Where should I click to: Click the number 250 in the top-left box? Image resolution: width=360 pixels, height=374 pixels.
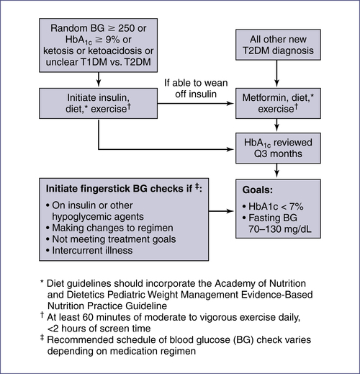(126, 28)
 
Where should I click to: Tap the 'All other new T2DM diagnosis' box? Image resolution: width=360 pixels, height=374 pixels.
(278, 45)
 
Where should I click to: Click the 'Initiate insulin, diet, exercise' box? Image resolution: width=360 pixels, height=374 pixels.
(99, 103)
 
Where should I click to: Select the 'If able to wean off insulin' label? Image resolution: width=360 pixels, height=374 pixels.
(196, 89)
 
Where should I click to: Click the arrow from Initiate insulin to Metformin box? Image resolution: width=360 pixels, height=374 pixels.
(196, 104)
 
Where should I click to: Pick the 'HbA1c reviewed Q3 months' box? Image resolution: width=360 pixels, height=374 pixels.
(278, 148)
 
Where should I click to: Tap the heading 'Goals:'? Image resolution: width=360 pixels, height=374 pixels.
(258, 190)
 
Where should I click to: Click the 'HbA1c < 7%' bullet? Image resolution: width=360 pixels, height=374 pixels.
(273, 207)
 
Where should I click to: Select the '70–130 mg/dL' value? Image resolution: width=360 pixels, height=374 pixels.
(280, 229)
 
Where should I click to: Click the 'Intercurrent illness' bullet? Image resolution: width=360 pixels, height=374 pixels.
(89, 251)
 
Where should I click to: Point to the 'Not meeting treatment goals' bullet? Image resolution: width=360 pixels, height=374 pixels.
(111, 239)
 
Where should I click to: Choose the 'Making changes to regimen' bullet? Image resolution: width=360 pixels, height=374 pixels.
(109, 228)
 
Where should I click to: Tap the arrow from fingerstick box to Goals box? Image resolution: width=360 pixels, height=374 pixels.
(221, 211)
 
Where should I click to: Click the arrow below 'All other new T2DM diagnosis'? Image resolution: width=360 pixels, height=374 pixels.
(276, 74)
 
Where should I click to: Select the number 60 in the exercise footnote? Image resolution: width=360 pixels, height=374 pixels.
(88, 317)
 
